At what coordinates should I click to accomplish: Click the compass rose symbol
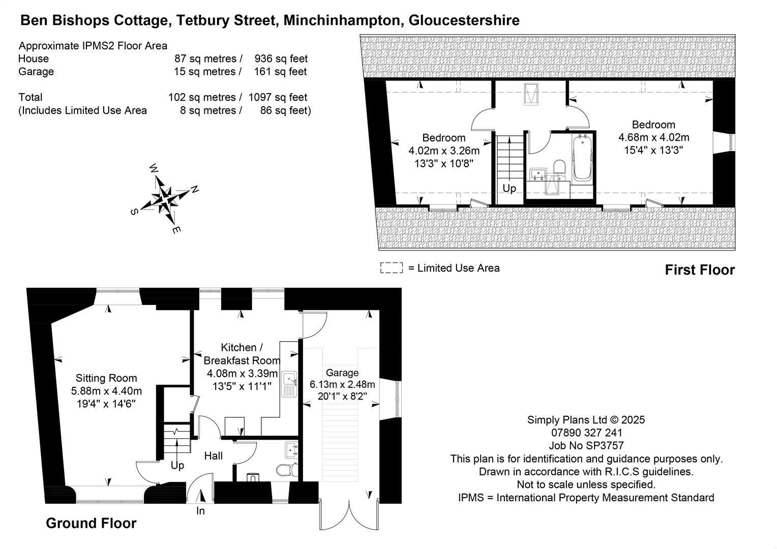(164, 198)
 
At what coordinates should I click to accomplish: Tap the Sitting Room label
(106, 378)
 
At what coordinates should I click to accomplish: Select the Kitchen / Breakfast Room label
(242, 354)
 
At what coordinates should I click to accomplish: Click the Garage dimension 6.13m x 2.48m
(342, 384)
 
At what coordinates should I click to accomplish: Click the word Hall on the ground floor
(214, 456)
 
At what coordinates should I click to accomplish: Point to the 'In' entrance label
(200, 511)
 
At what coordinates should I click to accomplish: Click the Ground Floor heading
(91, 523)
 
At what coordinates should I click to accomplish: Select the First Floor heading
(700, 270)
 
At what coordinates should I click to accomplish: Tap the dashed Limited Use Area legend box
(391, 268)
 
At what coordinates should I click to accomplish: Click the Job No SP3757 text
(586, 446)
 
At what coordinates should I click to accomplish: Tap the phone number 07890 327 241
(586, 433)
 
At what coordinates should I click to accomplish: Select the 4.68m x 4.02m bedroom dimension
(653, 137)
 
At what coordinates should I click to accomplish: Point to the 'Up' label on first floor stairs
(509, 188)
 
